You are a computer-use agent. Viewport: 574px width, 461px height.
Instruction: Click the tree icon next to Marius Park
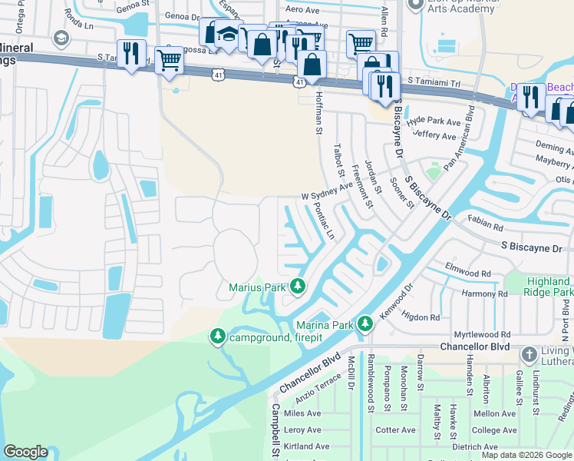[297, 287]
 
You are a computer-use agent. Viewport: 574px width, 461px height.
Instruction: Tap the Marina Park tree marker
[366, 324]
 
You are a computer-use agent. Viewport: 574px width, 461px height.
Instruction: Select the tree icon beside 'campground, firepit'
[218, 337]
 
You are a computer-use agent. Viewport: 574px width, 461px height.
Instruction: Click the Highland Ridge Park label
[549, 287]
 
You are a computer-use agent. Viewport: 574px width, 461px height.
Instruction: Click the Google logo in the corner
[26, 451]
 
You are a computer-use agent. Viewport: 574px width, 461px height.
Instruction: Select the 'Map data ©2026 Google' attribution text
[526, 455]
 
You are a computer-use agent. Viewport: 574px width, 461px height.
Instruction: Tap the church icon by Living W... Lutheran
[529, 355]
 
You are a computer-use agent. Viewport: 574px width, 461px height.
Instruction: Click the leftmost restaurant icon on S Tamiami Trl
[131, 54]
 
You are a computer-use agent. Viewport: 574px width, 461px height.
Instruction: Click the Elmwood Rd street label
[467, 274]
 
